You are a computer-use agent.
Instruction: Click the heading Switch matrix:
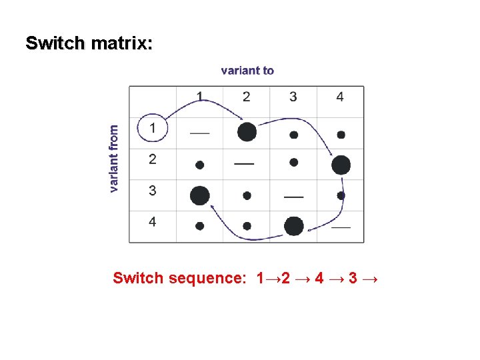(x=89, y=44)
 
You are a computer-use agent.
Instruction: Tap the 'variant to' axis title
(x=247, y=70)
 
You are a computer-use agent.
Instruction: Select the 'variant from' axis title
(x=114, y=159)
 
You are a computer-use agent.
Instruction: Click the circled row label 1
(x=154, y=127)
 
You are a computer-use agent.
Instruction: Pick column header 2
(x=247, y=97)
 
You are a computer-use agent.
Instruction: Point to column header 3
(x=293, y=97)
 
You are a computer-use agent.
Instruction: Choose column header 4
(x=340, y=97)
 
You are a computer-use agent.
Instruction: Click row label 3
(x=153, y=191)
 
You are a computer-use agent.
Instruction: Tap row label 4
(x=153, y=221)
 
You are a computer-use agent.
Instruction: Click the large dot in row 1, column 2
(x=247, y=132)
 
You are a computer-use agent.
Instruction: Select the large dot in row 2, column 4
(x=341, y=165)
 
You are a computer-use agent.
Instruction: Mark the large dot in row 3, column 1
(x=199, y=195)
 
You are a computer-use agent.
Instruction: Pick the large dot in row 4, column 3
(x=293, y=226)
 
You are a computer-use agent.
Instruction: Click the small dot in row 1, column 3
(x=293, y=135)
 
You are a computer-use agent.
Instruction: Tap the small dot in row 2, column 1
(x=199, y=164)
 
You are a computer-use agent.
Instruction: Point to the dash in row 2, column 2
(x=244, y=163)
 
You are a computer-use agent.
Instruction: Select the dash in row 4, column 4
(x=341, y=227)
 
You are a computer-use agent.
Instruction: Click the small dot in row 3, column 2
(x=247, y=196)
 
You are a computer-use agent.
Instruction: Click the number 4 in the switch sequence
(x=319, y=278)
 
